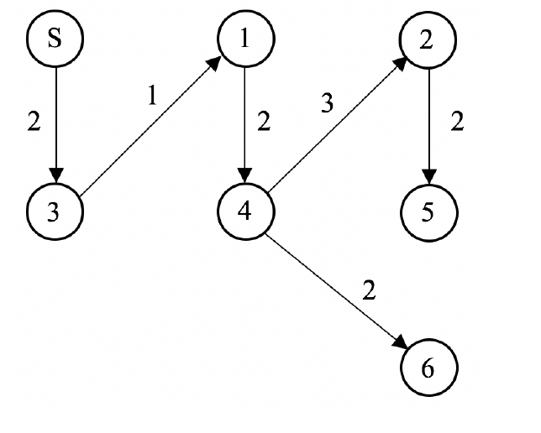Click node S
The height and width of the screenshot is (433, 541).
55,40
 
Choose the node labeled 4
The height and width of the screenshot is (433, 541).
243,210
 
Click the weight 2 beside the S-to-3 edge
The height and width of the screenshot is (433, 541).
34,122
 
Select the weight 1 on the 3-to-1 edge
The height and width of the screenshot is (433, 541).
152,95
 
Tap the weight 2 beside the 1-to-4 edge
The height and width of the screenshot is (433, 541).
264,122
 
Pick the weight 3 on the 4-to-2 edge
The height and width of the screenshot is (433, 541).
328,103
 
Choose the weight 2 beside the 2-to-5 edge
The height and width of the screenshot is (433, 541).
457,122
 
